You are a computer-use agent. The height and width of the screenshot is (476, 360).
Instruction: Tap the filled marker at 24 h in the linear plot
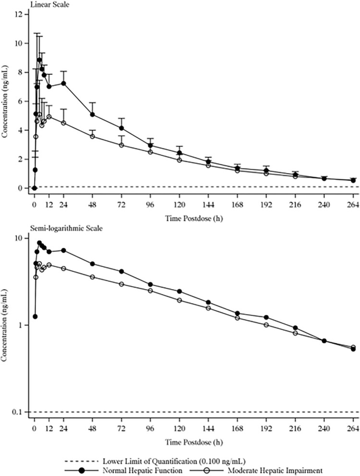63,83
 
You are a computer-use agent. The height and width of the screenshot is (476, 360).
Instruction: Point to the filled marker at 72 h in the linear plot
122,128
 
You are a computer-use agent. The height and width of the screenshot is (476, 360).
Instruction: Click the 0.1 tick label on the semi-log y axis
18,412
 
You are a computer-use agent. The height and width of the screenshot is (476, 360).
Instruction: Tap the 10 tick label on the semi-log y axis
19,238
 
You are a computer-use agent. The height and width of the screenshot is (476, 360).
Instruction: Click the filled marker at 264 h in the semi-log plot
353,349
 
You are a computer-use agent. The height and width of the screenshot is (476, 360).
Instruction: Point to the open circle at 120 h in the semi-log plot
179,300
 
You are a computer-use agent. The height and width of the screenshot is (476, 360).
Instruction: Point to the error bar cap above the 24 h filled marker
63,71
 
